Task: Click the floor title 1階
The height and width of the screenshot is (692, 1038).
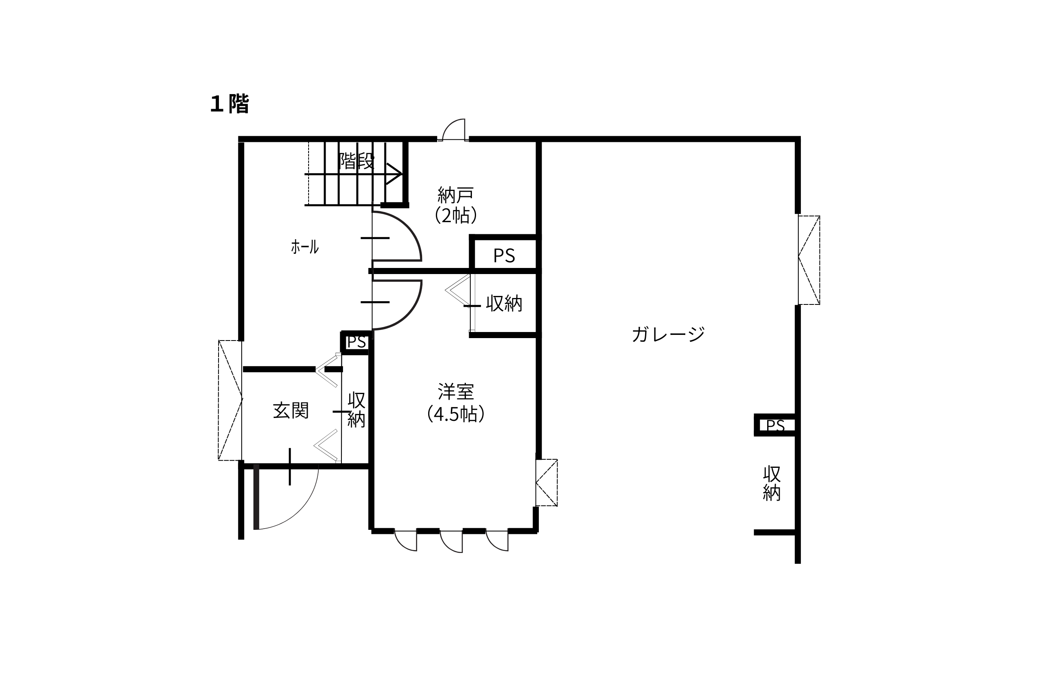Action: [x=229, y=104]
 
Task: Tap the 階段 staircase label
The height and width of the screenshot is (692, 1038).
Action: [x=356, y=161]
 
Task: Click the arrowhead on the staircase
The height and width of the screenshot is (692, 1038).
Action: [x=394, y=174]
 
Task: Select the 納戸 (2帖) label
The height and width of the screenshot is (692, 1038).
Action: [x=456, y=205]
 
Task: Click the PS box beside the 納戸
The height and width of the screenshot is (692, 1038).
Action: [x=504, y=253]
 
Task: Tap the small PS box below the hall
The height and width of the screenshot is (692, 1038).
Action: [x=356, y=343]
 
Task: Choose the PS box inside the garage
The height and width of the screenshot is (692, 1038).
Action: [x=775, y=425]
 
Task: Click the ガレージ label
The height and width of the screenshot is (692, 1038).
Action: [x=668, y=334]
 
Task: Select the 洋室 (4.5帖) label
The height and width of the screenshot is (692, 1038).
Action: [x=456, y=403]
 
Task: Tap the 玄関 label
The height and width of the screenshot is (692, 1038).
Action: [x=290, y=410]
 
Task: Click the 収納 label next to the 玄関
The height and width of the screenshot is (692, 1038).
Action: [x=356, y=409]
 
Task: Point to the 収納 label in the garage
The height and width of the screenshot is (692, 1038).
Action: [x=772, y=483]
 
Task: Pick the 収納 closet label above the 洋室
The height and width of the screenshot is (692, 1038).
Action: [x=504, y=303]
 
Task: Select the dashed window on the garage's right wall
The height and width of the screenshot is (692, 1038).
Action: [x=809, y=260]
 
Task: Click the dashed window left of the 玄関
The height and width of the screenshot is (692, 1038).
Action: [x=230, y=400]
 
